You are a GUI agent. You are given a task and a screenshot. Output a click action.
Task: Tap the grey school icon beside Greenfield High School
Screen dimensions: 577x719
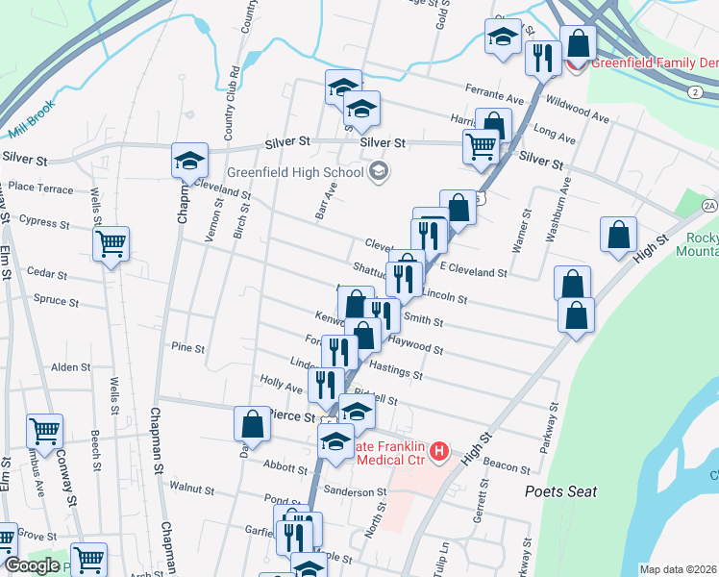point(379,172)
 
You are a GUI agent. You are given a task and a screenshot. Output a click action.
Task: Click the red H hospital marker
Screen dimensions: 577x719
point(439,450)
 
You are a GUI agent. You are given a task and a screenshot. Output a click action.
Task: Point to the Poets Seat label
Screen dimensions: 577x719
point(560,491)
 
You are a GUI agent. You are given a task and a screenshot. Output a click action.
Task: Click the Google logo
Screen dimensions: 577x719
point(32,565)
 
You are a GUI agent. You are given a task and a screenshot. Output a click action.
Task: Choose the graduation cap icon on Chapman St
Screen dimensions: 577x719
point(190,159)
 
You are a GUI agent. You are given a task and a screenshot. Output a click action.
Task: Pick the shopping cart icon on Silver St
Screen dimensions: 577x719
point(480,146)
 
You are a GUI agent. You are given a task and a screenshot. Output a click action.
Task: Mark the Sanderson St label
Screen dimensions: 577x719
point(355,492)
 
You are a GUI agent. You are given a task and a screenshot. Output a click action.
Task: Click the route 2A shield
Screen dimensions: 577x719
point(709,206)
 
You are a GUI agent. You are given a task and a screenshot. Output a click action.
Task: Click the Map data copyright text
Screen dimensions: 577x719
point(678,569)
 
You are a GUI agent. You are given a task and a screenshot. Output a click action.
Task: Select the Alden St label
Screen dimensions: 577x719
point(70,367)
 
